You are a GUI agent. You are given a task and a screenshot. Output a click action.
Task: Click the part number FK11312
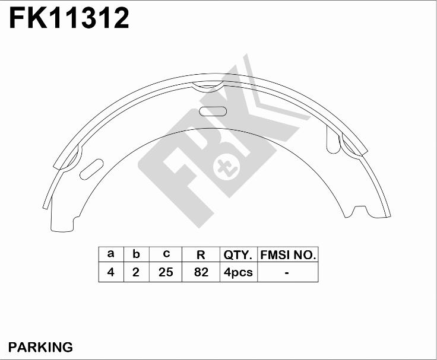click(x=69, y=18)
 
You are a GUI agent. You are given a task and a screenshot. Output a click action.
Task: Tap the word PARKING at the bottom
click(x=41, y=347)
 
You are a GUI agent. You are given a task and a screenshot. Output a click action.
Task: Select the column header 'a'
click(x=111, y=254)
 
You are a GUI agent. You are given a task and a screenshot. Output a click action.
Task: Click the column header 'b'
click(x=136, y=254)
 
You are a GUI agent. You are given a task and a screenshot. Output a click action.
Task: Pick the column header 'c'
click(x=166, y=254)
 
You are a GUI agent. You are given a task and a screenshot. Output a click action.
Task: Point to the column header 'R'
click(x=201, y=254)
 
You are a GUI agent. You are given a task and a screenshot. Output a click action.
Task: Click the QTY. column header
click(x=238, y=254)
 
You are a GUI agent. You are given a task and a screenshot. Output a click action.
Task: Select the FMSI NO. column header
click(x=288, y=254)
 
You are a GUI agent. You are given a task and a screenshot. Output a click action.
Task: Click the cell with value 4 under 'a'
click(x=111, y=272)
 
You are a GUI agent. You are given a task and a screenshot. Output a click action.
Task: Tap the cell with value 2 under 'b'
click(x=136, y=272)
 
